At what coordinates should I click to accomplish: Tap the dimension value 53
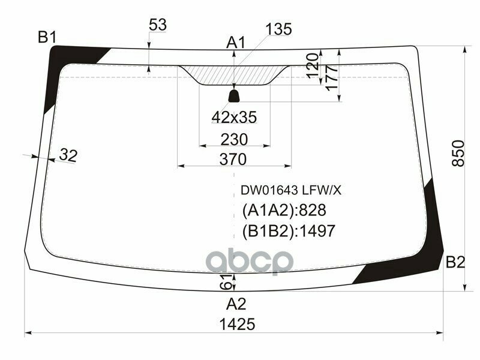click(x=157, y=25)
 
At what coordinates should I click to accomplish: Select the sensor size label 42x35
click(x=234, y=118)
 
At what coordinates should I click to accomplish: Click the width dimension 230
click(x=234, y=139)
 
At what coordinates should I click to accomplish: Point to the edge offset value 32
click(x=68, y=156)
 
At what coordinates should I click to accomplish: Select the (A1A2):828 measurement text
click(x=283, y=211)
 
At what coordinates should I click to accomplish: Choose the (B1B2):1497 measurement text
click(x=288, y=231)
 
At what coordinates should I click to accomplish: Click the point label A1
click(x=236, y=43)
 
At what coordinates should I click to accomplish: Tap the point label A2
click(x=236, y=303)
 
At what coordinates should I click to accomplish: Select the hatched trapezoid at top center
click(x=234, y=75)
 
